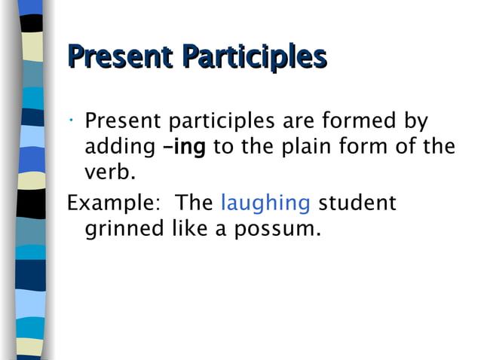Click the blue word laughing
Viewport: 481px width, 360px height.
click(265, 203)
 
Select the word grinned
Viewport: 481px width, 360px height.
click(124, 229)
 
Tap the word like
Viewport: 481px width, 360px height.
click(187, 228)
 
